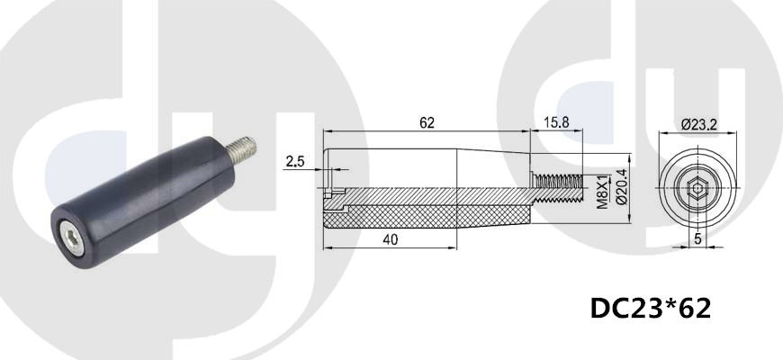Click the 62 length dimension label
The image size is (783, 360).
(427, 122)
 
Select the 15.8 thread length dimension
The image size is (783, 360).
(556, 122)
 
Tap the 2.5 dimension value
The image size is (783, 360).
(295, 161)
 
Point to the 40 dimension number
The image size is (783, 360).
(390, 240)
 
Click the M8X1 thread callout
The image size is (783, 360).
(603, 192)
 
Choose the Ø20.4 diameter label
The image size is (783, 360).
(622, 186)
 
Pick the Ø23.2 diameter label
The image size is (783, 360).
(699, 124)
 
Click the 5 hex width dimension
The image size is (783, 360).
(698, 238)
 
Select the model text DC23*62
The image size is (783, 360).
(651, 309)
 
